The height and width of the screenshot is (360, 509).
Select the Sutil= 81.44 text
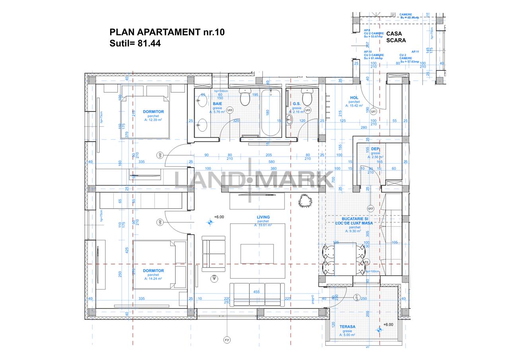point(135,44)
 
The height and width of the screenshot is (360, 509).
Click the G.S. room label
point(297,103)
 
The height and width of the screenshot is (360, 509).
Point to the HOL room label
point(354,97)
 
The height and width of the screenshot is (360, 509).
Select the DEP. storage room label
point(375,149)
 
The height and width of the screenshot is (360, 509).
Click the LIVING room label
point(263,217)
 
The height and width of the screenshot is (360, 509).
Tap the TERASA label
point(348,327)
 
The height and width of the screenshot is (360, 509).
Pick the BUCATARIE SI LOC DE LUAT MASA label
point(357,221)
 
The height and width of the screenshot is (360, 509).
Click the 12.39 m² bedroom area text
point(153,120)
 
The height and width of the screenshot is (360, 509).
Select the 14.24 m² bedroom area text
point(153,279)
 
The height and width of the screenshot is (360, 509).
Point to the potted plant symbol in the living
point(305,201)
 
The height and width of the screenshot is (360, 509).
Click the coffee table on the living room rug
point(257,253)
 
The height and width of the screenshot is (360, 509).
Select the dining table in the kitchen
point(344,259)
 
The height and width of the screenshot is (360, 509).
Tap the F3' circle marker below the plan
point(227,340)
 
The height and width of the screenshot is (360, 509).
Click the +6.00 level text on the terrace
point(388,325)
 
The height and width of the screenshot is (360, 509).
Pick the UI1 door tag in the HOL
point(373,112)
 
